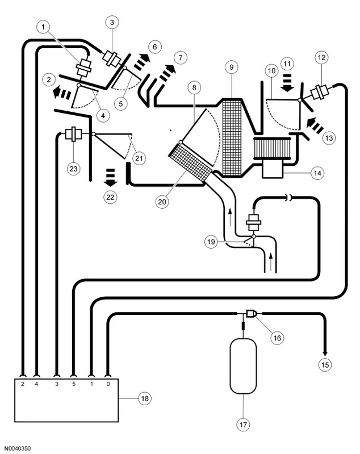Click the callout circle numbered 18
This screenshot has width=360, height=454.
[x=145, y=398]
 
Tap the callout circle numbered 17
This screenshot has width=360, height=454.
[x=243, y=424]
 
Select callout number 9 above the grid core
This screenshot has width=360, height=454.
[x=232, y=67]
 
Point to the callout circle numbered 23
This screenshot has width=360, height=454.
[x=74, y=169]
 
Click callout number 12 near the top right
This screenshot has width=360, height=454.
[x=321, y=58]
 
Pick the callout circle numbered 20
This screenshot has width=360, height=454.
[x=162, y=201]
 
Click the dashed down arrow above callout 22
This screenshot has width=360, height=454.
[x=110, y=177]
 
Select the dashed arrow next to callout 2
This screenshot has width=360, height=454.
[x=62, y=94]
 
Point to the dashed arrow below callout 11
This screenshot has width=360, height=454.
[x=287, y=83]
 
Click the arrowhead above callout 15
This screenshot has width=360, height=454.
[x=325, y=354]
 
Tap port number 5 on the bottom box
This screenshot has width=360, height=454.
[x=74, y=384]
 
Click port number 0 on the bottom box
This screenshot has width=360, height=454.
[x=108, y=384]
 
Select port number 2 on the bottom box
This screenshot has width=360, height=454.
[x=23, y=384]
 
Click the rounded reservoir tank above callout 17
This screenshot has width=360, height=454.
[x=243, y=365]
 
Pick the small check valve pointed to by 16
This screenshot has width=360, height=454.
[x=252, y=313]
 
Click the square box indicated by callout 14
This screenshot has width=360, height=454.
[x=272, y=169]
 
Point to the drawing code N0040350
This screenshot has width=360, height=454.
[x=18, y=448]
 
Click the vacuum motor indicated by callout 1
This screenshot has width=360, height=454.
[x=84, y=67]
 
